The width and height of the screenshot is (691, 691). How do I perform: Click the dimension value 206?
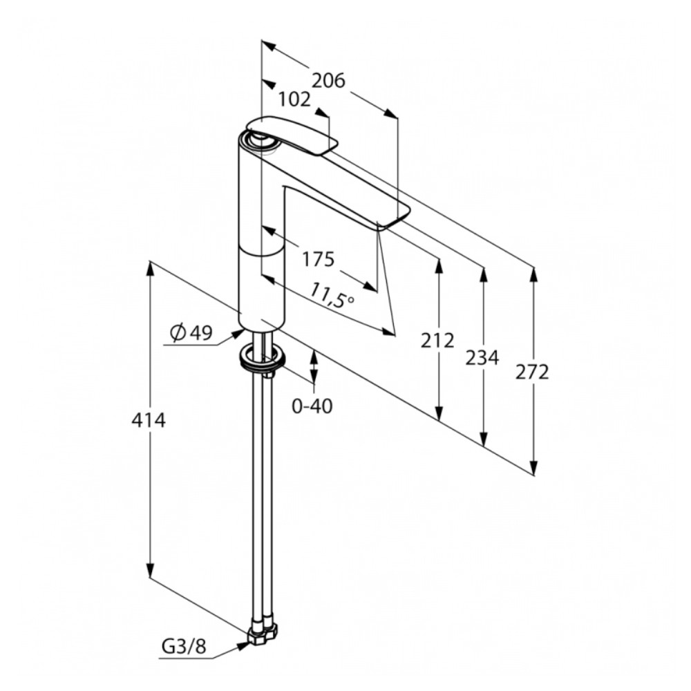329,81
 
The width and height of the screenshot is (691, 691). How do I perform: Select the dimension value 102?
294,100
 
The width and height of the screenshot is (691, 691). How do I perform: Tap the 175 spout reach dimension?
318,259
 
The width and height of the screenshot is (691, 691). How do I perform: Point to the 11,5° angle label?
332,294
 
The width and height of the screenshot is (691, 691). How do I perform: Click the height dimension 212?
437,341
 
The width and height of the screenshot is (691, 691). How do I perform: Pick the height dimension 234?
482,358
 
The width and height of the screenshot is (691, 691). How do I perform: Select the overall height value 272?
532,373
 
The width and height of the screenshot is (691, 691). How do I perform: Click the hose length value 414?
149,420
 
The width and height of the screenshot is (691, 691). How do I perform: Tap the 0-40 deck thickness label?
312,406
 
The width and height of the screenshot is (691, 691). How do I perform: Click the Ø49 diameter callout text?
191,333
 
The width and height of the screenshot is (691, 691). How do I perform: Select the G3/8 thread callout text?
184,647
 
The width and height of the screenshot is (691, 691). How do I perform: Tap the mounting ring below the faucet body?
262,357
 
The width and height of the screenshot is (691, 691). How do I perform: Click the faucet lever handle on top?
292,135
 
